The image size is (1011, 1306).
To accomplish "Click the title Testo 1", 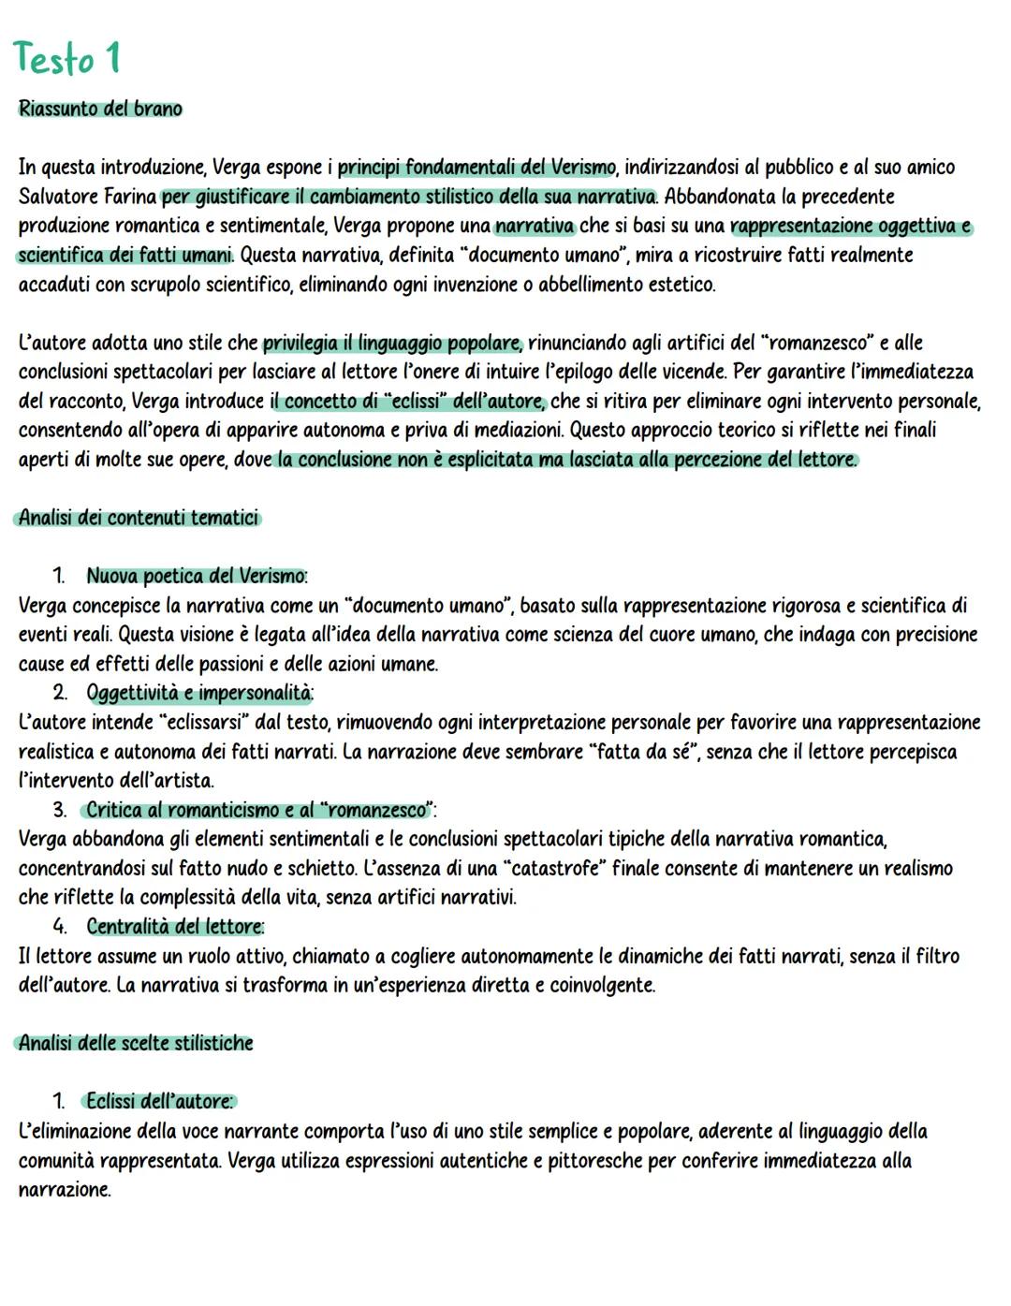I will click(x=67, y=59).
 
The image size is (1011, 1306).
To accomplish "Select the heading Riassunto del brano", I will click(x=100, y=109).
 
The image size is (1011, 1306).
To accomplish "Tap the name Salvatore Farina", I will click(x=87, y=197).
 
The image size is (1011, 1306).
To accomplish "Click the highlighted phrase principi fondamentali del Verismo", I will click(x=476, y=168).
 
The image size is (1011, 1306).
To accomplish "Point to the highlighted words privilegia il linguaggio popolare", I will click(x=392, y=343).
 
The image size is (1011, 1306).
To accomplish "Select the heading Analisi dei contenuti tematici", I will click(x=138, y=518).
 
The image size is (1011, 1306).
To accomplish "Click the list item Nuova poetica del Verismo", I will click(x=197, y=576).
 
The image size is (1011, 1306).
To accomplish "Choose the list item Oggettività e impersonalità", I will click(x=199, y=693).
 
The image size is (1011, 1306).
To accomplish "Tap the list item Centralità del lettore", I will click(x=175, y=927).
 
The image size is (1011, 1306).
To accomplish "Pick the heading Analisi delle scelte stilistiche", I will click(x=136, y=1043).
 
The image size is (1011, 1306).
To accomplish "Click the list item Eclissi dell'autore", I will click(x=159, y=1102).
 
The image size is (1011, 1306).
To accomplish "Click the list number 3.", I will click(x=59, y=810).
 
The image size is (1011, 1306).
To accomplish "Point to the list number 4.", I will click(x=59, y=927).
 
